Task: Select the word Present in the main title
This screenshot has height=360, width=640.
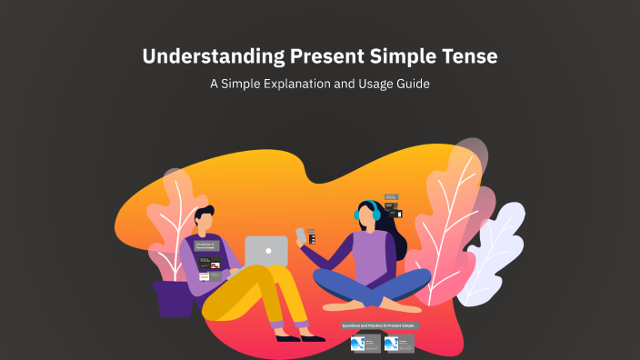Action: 327,56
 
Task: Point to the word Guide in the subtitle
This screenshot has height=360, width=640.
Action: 410,85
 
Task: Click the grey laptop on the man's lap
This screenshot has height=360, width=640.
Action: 265,251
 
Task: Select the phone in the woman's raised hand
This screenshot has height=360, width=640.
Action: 301,236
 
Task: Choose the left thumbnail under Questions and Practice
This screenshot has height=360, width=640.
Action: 365,344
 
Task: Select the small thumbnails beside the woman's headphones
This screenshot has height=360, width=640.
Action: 392,206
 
